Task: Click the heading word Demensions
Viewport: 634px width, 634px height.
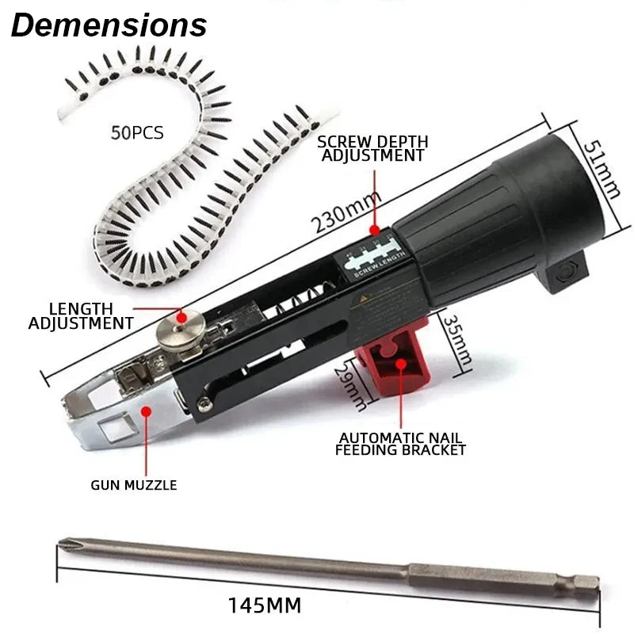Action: pyautogui.click(x=109, y=25)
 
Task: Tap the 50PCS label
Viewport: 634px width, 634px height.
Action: pyautogui.click(x=137, y=132)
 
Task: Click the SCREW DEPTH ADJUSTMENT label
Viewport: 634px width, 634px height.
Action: pyautogui.click(x=372, y=148)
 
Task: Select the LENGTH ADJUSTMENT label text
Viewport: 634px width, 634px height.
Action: pyautogui.click(x=81, y=315)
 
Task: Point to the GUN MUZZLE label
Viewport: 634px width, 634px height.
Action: pyautogui.click(x=133, y=484)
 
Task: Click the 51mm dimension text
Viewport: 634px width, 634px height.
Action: pyautogui.click(x=608, y=170)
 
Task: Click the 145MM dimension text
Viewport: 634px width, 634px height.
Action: pyautogui.click(x=265, y=606)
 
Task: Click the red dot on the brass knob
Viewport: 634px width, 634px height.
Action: pyautogui.click(x=181, y=317)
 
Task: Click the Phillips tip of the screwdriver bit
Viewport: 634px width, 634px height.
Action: pyautogui.click(x=67, y=544)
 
